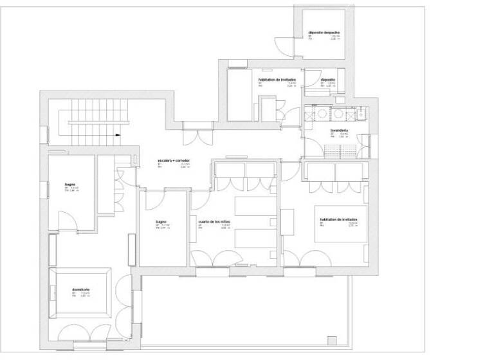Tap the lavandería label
pyautogui.click(x=339, y=130)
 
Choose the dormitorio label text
pyautogui.click(x=81, y=290)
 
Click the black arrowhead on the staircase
pyautogui.click(x=117, y=135)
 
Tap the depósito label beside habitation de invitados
pyautogui.click(x=327, y=80)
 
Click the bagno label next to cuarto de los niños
pyautogui.click(x=161, y=222)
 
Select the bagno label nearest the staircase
pyautogui.click(x=70, y=184)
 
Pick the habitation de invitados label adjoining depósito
pyautogui.click(x=276, y=80)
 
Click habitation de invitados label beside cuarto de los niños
pyautogui.click(x=338, y=219)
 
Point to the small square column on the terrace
pyautogui.click(x=332, y=339)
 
